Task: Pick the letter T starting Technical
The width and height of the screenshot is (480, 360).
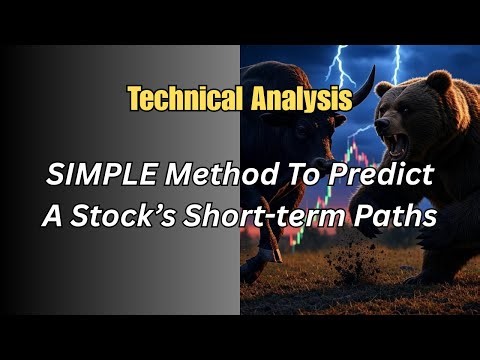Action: pos(134,98)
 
